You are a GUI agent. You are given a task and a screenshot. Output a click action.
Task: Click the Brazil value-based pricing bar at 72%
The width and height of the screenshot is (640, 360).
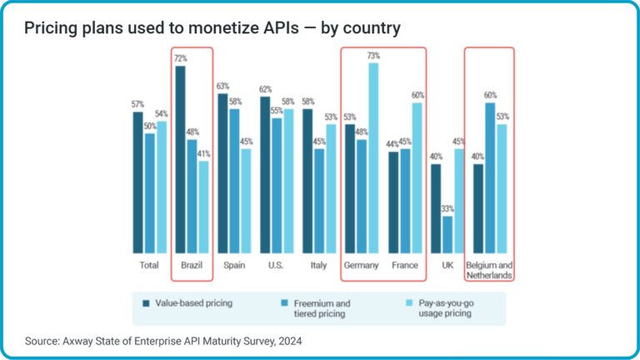coord(181,159)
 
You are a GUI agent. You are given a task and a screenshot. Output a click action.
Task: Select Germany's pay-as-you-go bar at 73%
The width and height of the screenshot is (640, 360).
coord(373,157)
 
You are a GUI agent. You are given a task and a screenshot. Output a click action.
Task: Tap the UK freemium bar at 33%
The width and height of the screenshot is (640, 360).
coord(448,234)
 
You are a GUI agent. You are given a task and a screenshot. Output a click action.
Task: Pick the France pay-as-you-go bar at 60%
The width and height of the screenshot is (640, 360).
coord(417,177)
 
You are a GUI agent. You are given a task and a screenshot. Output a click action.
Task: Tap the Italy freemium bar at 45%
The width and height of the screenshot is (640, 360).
coord(320,200)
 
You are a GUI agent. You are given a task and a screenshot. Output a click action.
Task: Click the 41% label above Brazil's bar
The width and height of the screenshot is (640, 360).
coord(204,153)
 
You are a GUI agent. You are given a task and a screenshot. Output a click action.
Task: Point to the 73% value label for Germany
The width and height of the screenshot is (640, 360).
coord(373,56)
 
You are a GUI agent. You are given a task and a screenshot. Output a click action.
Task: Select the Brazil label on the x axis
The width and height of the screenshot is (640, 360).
coord(192,266)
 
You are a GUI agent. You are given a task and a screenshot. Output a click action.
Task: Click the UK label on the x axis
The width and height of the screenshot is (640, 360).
coord(448,266)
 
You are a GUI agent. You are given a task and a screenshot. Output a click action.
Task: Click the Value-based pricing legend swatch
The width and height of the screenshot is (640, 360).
coord(146,303)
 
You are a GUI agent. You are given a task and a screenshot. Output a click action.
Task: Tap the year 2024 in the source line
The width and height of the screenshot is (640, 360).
coord(286,340)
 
